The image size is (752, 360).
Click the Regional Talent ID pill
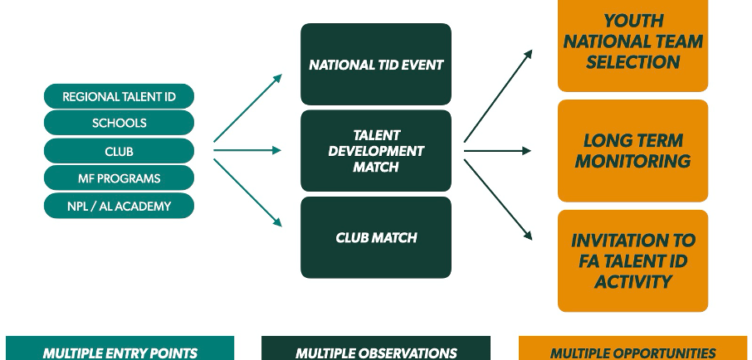[x=119, y=96]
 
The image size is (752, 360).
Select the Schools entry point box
[x=119, y=124]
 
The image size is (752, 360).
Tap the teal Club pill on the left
[x=119, y=151]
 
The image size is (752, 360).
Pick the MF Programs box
[x=119, y=178]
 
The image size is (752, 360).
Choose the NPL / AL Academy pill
[x=119, y=206]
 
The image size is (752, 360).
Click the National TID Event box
[x=375, y=64]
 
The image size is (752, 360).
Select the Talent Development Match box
[x=375, y=151]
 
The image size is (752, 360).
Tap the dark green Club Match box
[x=375, y=237]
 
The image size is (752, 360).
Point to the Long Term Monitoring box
[x=632, y=151]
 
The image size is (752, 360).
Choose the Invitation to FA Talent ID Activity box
[x=632, y=260]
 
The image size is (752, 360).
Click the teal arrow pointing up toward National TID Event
[x=248, y=108]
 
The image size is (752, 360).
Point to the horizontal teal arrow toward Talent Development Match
[x=247, y=151]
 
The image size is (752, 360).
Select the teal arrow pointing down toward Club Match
[x=248, y=192]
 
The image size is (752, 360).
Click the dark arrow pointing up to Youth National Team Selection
[x=498, y=95]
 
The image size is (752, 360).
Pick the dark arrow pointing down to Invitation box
[x=498, y=199]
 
